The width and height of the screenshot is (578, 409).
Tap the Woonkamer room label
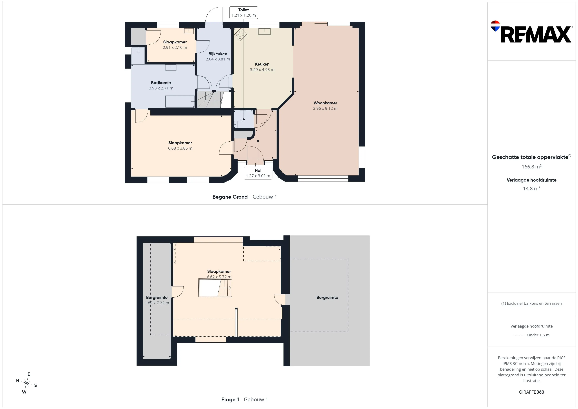325,103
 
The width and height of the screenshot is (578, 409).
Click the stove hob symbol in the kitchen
240,35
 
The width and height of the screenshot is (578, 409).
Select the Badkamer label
161,83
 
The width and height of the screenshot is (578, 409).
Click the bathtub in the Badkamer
180,101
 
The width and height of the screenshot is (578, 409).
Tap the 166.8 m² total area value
531,167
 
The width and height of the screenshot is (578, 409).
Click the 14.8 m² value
531,188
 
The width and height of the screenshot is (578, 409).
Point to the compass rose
26,383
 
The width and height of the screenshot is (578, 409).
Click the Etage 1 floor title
230,400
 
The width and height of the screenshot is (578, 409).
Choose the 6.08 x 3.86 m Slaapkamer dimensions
180,148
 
